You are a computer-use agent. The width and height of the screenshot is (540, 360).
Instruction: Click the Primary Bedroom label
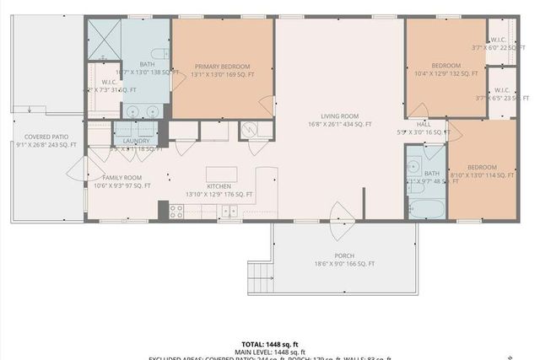[224, 66]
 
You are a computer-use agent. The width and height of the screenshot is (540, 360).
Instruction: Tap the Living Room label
[340, 116]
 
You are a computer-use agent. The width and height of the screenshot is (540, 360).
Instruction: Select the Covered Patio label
[47, 136]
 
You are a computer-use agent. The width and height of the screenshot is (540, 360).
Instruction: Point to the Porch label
[343, 256]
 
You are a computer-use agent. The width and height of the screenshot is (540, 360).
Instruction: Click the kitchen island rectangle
[221, 175]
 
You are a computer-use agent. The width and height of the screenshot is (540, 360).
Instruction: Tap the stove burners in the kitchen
[176, 212]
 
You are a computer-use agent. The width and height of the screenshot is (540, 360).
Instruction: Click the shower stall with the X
[104, 37]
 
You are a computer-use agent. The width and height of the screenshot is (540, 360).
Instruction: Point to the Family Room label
[122, 177]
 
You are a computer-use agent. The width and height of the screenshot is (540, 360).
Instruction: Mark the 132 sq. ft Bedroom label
[445, 66]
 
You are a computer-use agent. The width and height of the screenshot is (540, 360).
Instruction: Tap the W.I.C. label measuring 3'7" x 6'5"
[500, 90]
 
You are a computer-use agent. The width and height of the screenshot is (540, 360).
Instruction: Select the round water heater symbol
[249, 130]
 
